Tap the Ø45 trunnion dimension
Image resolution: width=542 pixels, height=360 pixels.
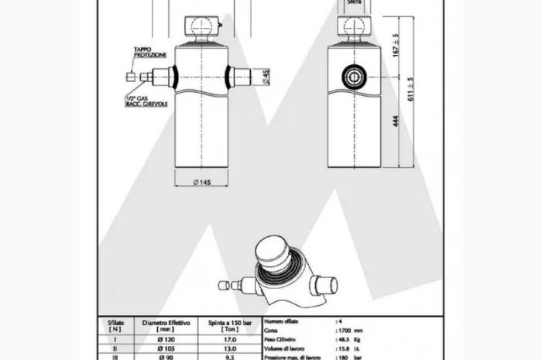265,77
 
